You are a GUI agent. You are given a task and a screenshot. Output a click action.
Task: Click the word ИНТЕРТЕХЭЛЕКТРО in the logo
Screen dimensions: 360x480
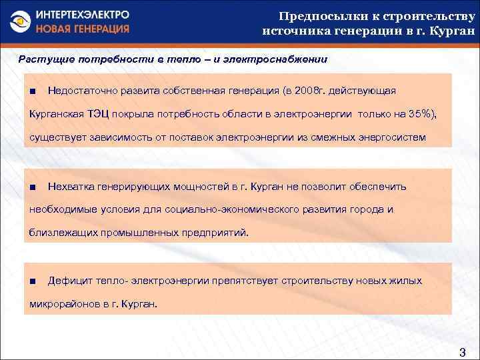[x=83, y=15]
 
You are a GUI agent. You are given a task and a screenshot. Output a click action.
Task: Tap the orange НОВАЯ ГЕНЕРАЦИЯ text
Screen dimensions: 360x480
[x=83, y=29]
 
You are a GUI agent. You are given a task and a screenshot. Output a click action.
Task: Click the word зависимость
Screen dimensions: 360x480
[x=113, y=138]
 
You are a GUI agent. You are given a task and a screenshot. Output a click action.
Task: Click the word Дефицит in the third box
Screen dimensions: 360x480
[x=69, y=281]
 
